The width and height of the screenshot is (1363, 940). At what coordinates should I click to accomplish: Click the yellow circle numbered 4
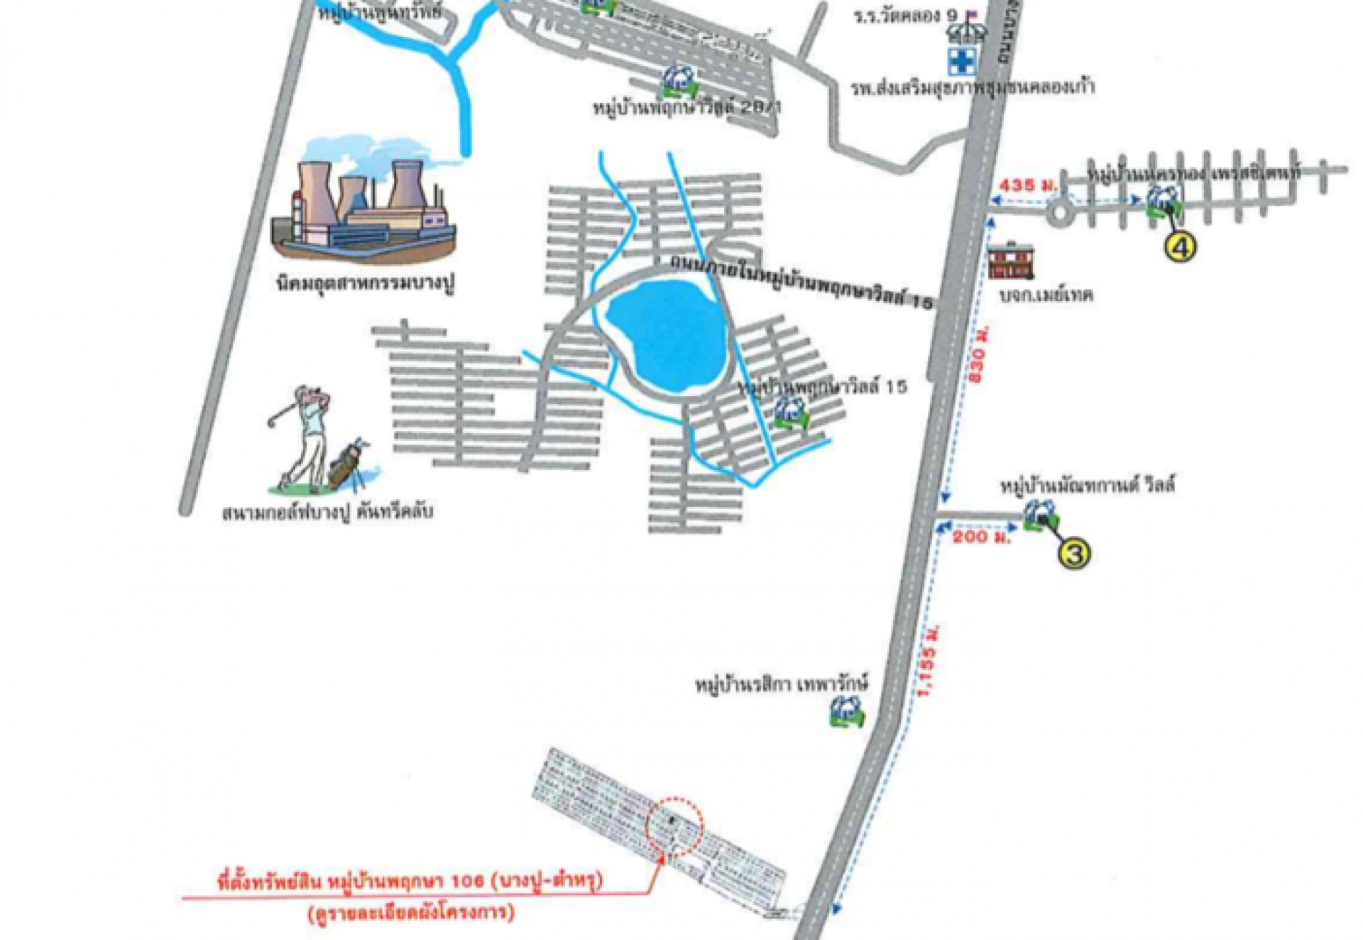(1180, 246)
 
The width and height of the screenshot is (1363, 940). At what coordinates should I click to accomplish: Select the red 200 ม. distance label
(981, 537)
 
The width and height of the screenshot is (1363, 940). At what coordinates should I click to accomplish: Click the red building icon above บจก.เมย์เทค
(1011, 261)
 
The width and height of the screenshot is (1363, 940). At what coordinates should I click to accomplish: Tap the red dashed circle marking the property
(674, 826)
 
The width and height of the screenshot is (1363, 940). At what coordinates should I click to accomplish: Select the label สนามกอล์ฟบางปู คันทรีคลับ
(328, 512)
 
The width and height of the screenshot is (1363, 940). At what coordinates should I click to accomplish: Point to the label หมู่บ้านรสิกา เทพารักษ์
(781, 686)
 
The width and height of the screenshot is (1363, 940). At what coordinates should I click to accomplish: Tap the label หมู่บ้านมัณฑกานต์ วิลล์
(1087, 486)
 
